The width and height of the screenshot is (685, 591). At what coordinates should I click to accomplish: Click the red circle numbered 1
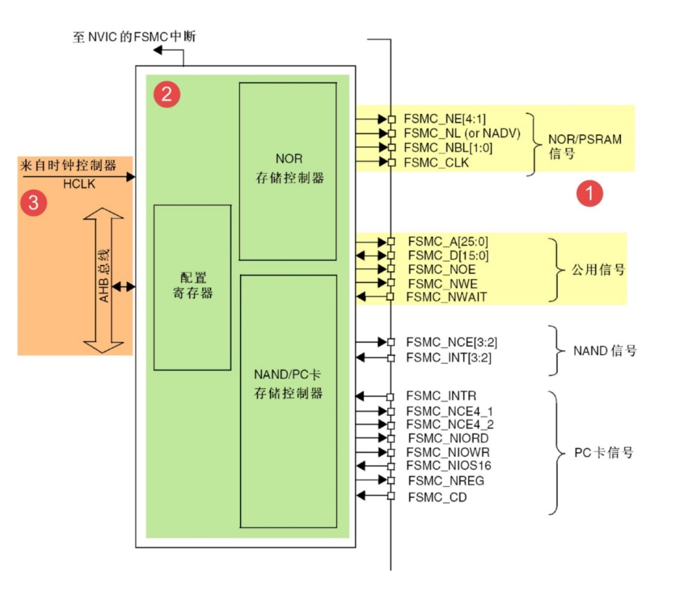pos(589,193)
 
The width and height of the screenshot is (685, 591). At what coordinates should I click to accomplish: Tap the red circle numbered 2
pos(166,94)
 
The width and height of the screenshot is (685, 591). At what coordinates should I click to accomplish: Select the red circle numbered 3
pos(34,204)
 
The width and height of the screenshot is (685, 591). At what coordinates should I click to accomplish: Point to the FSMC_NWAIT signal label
pos(446,297)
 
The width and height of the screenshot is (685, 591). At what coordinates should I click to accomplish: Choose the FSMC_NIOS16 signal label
pos(448,466)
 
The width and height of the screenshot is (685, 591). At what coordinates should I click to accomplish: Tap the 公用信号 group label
pos(598,269)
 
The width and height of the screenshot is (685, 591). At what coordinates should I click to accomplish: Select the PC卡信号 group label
pos(603,452)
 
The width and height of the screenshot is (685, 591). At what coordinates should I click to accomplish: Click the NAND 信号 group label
pos(605,350)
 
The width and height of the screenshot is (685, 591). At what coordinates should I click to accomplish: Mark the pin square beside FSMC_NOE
pos(391,269)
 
